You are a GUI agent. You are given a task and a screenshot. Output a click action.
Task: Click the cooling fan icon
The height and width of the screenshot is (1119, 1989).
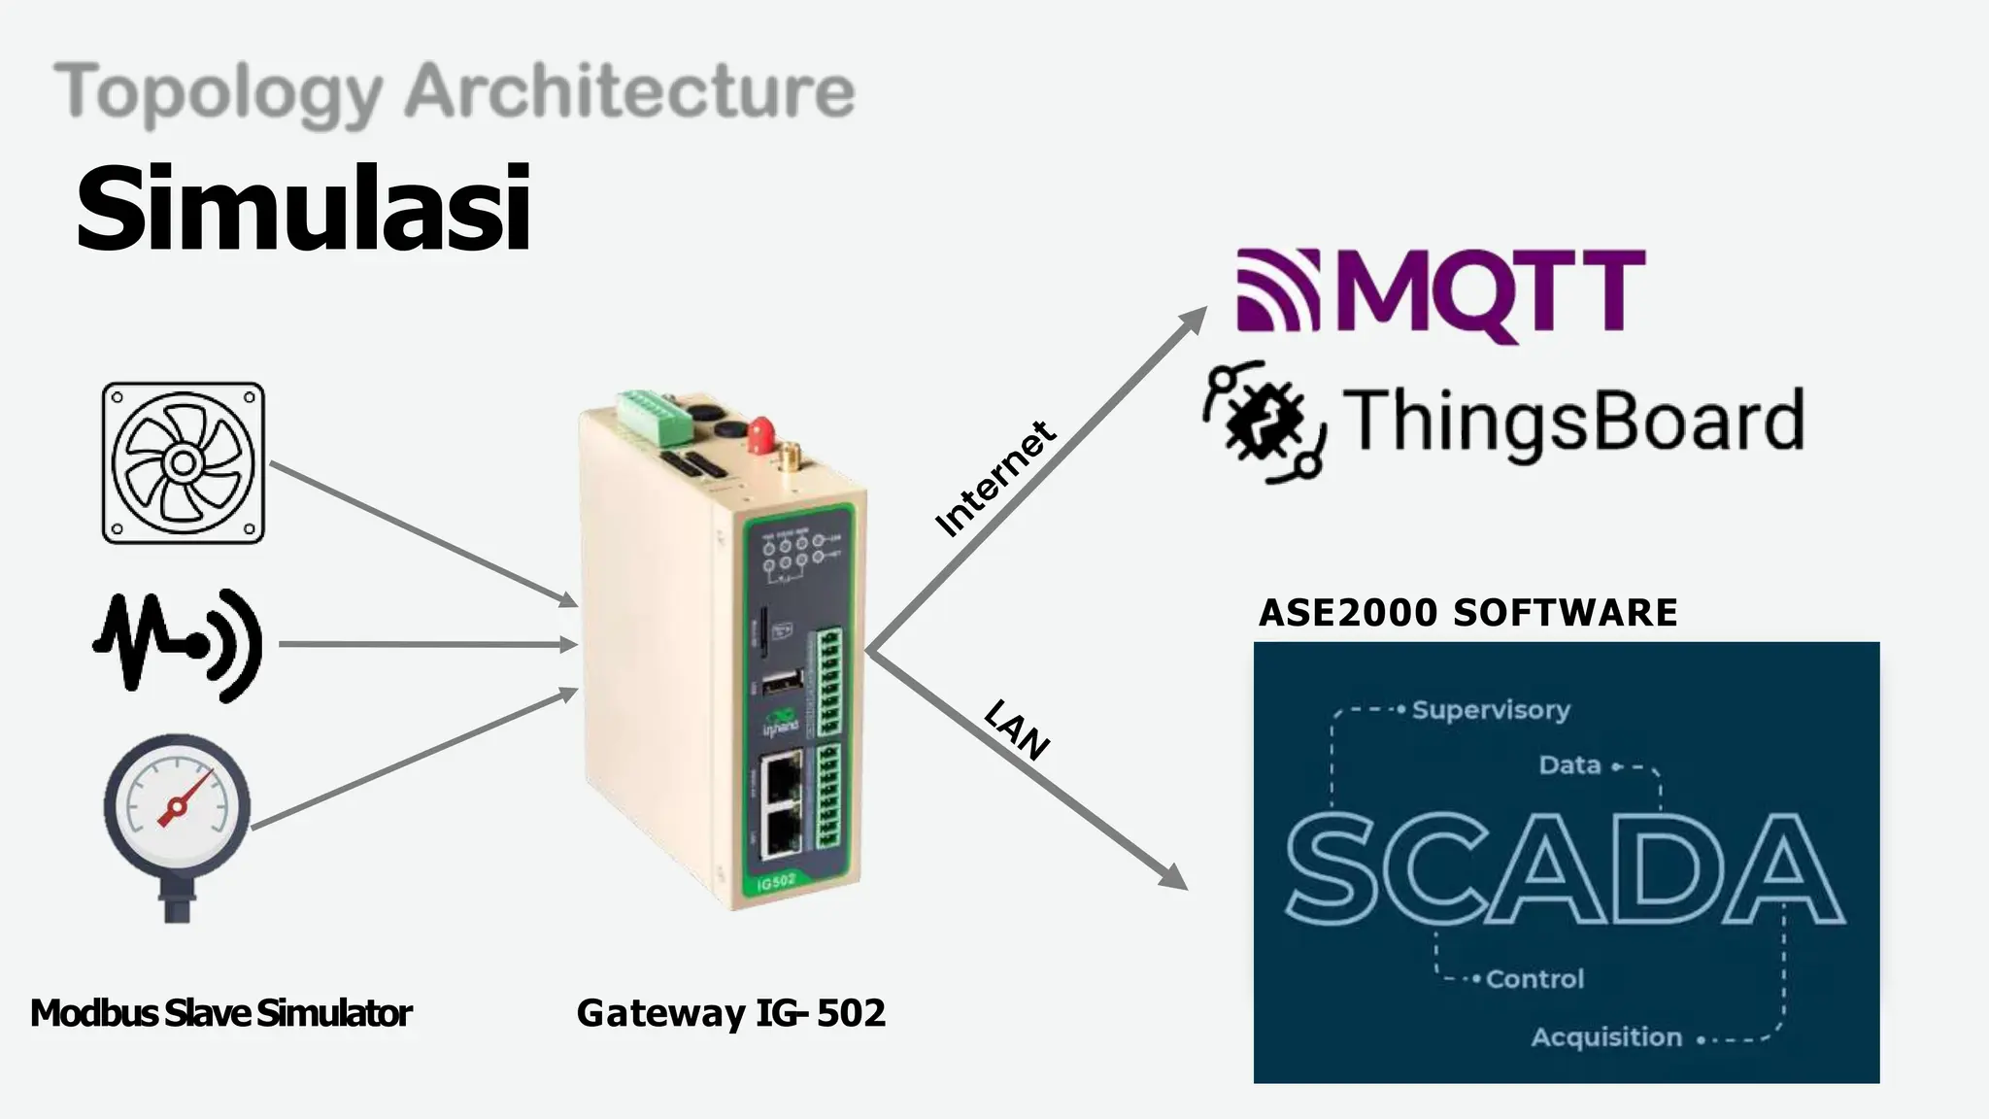(183, 462)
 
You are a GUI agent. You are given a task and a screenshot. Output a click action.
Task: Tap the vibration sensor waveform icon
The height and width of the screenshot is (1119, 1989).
(178, 644)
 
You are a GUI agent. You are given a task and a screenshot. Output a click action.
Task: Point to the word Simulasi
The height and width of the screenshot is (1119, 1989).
(303, 208)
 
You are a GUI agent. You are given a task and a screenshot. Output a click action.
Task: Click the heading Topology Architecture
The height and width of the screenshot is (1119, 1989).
(454, 92)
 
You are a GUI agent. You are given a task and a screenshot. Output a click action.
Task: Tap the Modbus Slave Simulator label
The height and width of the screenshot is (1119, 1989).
(221, 1013)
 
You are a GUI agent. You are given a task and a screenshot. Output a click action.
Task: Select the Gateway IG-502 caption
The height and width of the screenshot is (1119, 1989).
(730, 1013)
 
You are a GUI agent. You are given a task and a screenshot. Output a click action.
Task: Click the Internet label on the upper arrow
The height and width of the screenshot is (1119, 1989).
(994, 479)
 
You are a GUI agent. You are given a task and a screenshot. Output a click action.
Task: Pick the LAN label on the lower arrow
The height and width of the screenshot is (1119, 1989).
(1016, 729)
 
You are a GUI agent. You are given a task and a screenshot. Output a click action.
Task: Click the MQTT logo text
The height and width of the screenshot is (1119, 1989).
(1491, 292)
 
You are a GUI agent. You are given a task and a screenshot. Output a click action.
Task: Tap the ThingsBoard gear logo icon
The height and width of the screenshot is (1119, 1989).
(1264, 422)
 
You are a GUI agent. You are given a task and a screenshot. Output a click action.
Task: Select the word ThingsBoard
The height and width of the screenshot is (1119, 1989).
(1573, 421)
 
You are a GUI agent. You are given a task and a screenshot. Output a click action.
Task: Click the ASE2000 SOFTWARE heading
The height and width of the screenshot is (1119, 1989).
(1467, 613)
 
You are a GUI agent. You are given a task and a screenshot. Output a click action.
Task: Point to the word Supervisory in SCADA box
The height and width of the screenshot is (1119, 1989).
(1490, 710)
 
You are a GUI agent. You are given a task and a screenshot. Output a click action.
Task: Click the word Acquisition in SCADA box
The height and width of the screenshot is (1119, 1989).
(1606, 1037)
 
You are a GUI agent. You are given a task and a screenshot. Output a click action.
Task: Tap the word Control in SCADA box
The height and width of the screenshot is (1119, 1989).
(1534, 979)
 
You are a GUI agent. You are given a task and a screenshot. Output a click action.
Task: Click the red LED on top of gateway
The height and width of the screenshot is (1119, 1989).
(760, 433)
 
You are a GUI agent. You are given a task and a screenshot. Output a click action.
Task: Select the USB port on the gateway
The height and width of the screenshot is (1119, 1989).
(781, 683)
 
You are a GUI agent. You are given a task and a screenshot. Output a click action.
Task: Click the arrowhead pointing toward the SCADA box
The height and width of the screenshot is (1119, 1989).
(1175, 876)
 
